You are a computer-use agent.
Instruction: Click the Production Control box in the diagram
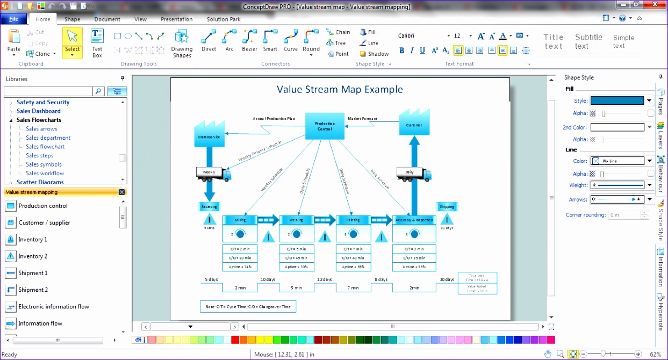pos(324,126)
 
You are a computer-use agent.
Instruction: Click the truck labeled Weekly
pos(213,173)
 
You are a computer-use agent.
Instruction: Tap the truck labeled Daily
pos(414,173)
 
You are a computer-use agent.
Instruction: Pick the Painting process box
pos(353,220)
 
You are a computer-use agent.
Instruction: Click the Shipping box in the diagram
pos(447,206)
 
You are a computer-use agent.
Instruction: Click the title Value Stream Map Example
pos(340,89)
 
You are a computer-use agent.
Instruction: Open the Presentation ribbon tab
pos(176,19)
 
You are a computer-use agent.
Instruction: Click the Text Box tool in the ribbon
pos(97,43)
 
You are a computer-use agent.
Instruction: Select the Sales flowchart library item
pos(45,147)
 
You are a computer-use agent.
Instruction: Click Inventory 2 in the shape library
pos(32,256)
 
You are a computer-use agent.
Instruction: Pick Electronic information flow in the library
pos(53,307)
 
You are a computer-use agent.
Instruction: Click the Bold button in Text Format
pos(401,51)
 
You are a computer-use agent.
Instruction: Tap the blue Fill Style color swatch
pos(617,100)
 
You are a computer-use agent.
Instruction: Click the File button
pos(13,19)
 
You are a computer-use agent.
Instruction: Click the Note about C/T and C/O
pos(248,307)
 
